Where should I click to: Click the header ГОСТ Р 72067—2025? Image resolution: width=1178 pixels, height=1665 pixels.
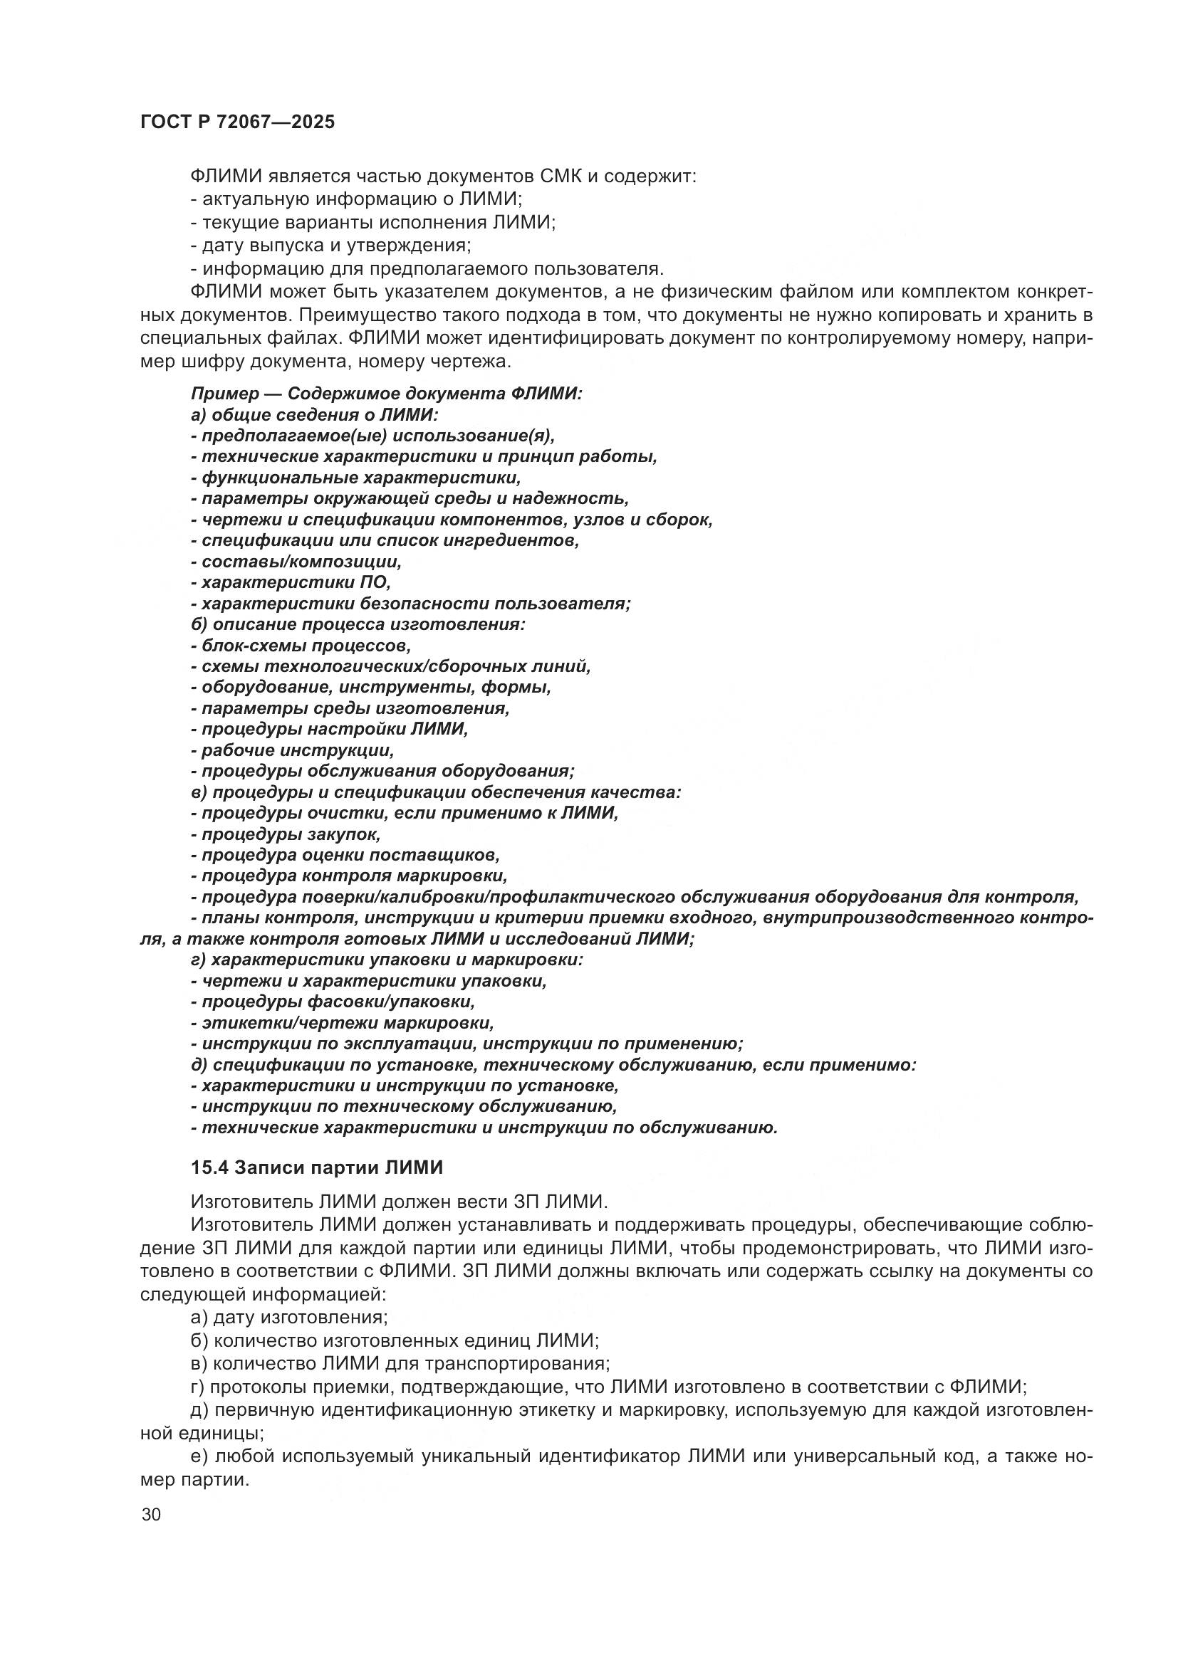click(237, 122)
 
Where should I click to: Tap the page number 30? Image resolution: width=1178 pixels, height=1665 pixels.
click(151, 1515)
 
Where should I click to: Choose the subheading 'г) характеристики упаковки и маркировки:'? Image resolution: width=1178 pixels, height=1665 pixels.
click(387, 960)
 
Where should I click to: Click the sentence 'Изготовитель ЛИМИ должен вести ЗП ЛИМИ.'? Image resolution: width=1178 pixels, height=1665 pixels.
click(398, 1202)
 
